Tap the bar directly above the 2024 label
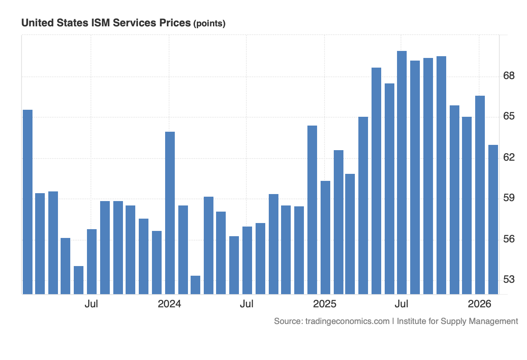pyautogui.click(x=170, y=212)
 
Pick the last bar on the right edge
pyautogui.click(x=493, y=219)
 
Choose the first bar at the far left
pyautogui.click(x=27, y=202)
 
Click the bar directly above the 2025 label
pyautogui.click(x=325, y=237)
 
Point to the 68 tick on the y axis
pyautogui.click(x=509, y=76)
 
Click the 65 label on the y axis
pyautogui.click(x=509, y=116)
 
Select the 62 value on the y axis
pyautogui.click(x=509, y=157)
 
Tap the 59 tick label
pyautogui.click(x=509, y=198)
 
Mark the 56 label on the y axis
pyautogui.click(x=509, y=239)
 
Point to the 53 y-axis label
pyautogui.click(x=509, y=279)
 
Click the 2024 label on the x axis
pyautogui.click(x=170, y=304)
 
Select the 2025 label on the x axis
pyautogui.click(x=325, y=304)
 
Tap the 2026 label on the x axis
pyautogui.click(x=480, y=304)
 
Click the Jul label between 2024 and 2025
pyautogui.click(x=247, y=304)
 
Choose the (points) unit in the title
pyautogui.click(x=209, y=24)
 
